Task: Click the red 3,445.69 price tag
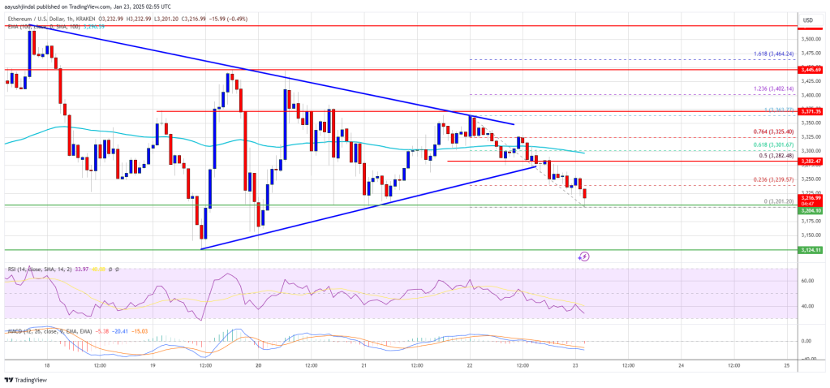click(x=812, y=70)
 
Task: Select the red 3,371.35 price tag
click(x=812, y=111)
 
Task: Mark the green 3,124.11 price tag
click(x=812, y=250)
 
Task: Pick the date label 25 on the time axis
click(x=787, y=366)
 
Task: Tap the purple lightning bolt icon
click(x=584, y=257)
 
